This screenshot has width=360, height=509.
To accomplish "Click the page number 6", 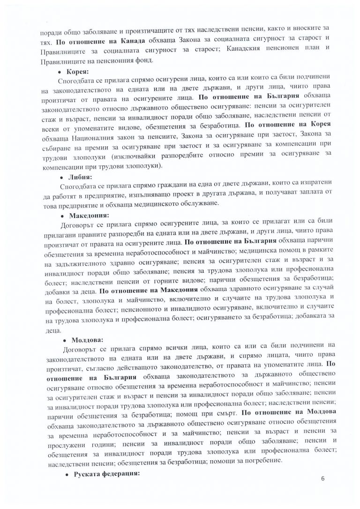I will [323, 478].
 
